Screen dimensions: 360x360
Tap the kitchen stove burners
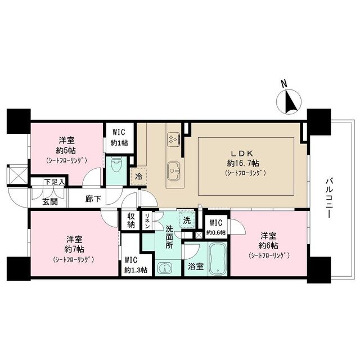(x=173, y=138)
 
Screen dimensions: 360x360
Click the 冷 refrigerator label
(x=138, y=176)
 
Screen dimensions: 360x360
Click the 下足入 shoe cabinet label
(x=55, y=182)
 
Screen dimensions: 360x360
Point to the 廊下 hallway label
(x=93, y=199)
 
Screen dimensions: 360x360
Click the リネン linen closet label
(x=147, y=220)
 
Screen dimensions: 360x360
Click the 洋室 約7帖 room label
(x=74, y=244)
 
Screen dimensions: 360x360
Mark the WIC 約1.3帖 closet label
(x=136, y=265)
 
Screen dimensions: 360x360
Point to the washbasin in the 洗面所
(x=165, y=267)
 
